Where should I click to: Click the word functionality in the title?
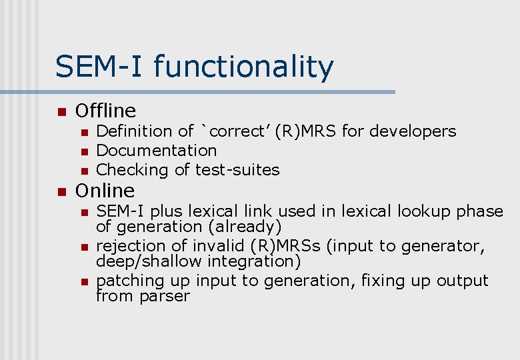[243, 67]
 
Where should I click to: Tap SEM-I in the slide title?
[100, 67]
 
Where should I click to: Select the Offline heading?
[105, 111]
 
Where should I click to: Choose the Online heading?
[105, 191]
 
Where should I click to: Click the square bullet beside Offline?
[62, 112]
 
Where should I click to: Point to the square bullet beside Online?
[62, 192]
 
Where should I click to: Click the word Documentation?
[157, 151]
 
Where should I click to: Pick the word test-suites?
[237, 170]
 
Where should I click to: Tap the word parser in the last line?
[165, 296]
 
